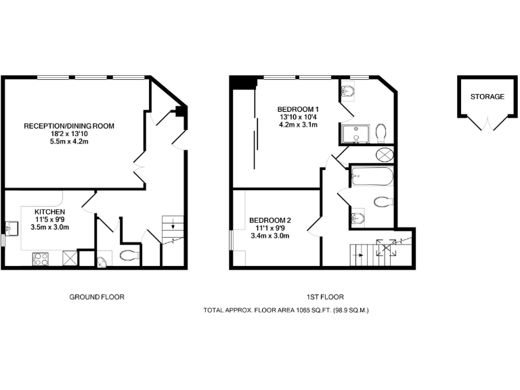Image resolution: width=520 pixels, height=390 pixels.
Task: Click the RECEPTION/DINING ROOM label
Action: [x=69, y=126]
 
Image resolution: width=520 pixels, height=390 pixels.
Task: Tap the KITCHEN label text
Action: [x=50, y=211]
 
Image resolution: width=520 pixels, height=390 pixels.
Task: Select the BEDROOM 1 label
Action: [x=298, y=109]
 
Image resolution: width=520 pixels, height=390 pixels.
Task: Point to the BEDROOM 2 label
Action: [x=270, y=220]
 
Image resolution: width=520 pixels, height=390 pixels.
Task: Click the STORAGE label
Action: [x=487, y=97]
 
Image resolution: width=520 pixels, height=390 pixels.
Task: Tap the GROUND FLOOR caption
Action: [x=97, y=297]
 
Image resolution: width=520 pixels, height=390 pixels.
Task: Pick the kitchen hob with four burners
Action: [x=41, y=257]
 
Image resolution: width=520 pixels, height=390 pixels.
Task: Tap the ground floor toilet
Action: [x=129, y=256]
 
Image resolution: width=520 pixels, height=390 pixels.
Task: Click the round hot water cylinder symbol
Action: [x=384, y=154]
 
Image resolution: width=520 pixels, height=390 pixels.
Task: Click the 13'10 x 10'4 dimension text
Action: [x=298, y=117]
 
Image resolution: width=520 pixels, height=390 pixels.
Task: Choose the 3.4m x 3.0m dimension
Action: [x=270, y=236]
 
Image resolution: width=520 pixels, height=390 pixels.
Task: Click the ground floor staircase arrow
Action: [x=173, y=227]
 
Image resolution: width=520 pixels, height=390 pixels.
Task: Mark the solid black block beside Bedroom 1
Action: [x=242, y=83]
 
